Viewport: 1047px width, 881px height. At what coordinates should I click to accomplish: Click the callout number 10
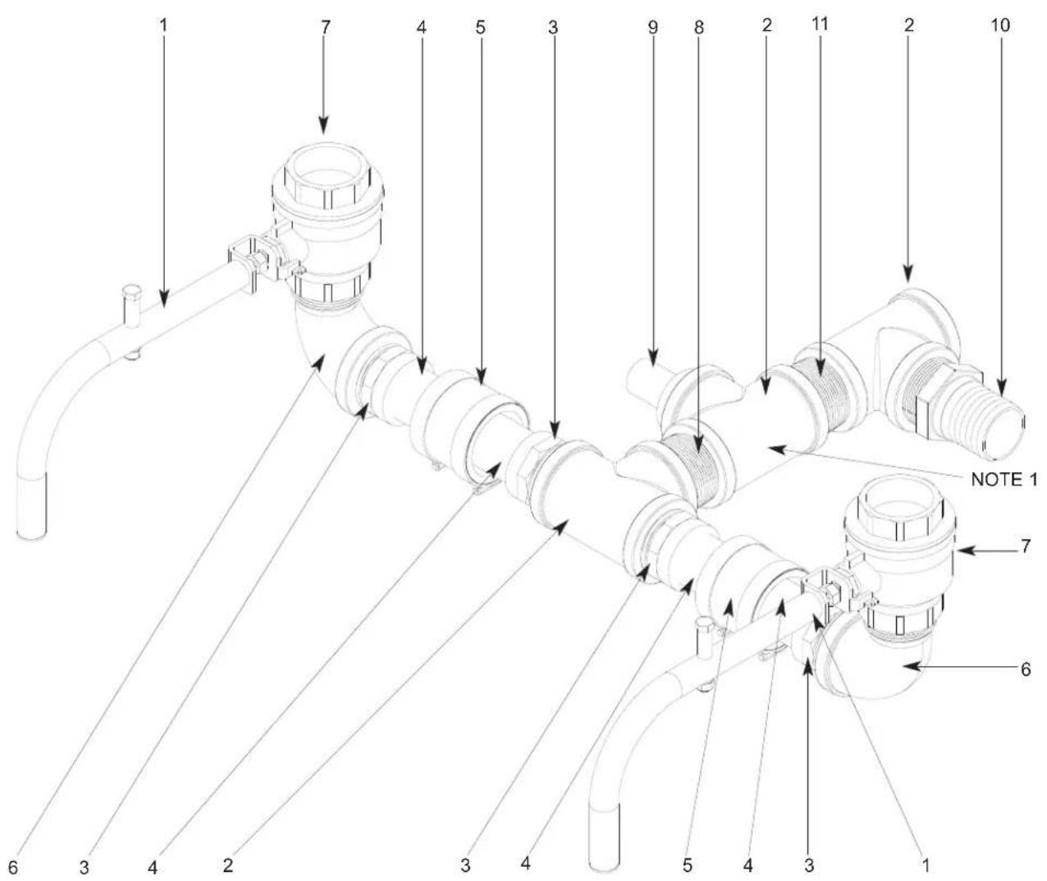pos(1000,25)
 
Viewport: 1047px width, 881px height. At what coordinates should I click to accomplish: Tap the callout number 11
pos(820,24)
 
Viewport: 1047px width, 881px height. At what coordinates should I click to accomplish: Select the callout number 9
pos(652,27)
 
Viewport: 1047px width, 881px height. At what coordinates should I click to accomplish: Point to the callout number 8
pos(698,27)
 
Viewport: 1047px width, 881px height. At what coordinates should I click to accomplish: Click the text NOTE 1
pos(1004,480)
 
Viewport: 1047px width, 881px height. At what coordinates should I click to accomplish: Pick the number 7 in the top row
pos(326,27)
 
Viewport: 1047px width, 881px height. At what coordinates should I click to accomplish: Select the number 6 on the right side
pos(1026,669)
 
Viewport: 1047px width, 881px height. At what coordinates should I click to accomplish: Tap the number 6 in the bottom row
pos(13,867)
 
